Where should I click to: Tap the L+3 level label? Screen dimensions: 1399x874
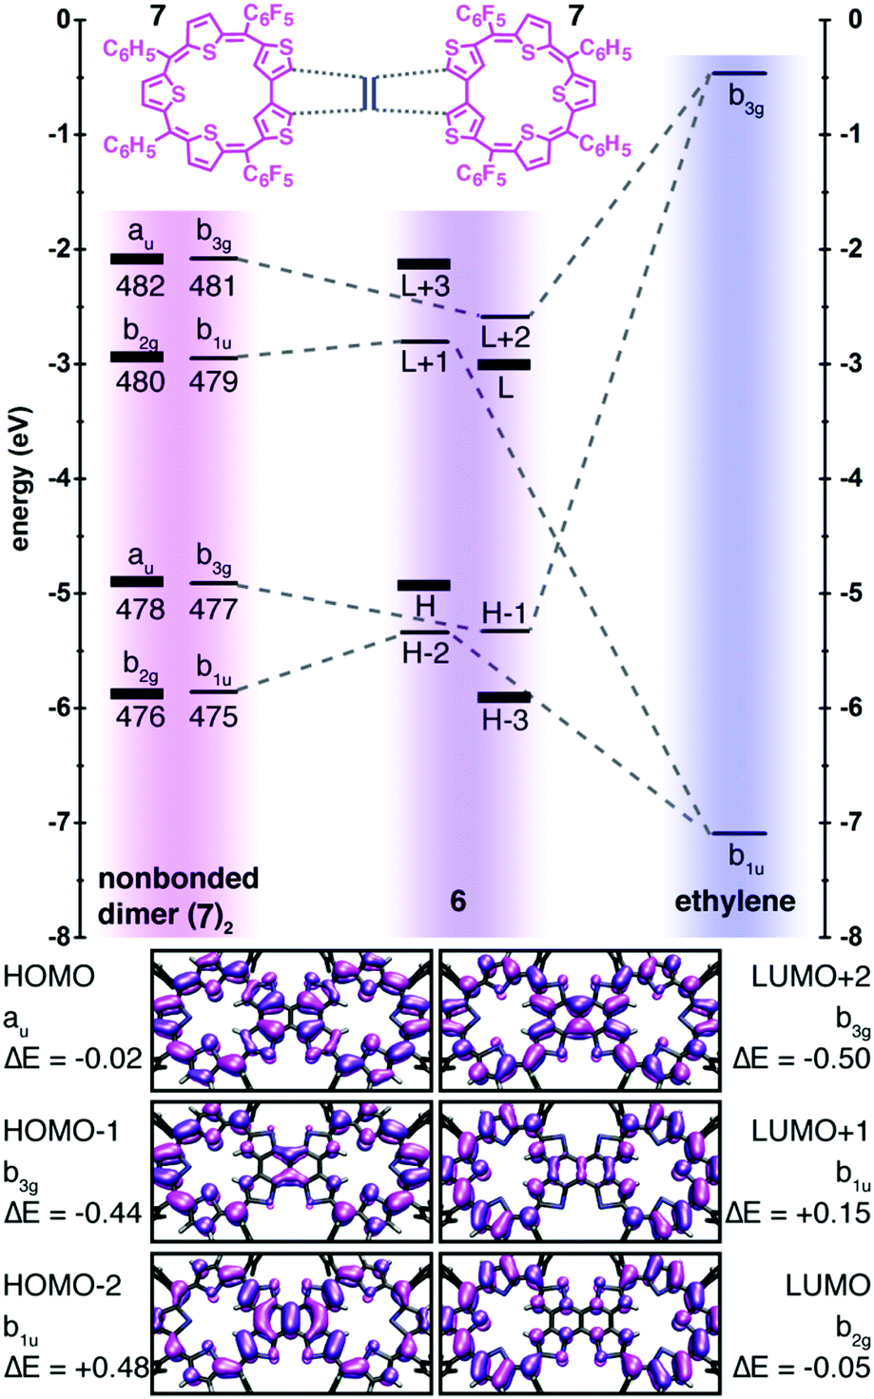click(424, 287)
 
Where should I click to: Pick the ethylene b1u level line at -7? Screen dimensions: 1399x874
click(739, 834)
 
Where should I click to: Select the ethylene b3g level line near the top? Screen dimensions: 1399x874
click(739, 73)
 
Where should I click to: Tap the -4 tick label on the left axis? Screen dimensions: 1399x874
click(48, 478)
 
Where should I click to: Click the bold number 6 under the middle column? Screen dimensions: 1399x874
click(458, 901)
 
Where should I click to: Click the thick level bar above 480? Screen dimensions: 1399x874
click(137, 357)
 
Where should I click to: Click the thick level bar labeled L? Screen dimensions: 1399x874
click(504, 364)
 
